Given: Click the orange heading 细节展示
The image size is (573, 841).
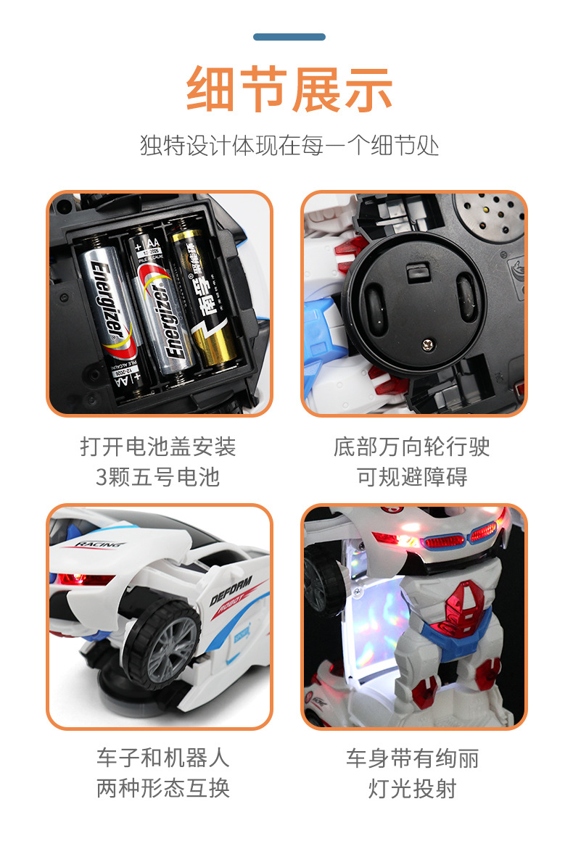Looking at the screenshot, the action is click(289, 89).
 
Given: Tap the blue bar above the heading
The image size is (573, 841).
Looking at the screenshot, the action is click(289, 37).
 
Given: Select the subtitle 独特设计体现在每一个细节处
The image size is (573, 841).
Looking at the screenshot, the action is click(289, 145).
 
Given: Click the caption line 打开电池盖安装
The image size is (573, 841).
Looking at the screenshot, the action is click(157, 447).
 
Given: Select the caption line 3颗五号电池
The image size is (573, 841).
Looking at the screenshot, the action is click(157, 477).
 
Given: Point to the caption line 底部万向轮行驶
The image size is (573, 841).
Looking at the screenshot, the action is click(412, 447).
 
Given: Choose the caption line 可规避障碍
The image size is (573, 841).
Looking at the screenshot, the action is click(412, 477).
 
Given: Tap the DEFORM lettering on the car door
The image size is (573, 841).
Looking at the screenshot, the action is click(231, 591).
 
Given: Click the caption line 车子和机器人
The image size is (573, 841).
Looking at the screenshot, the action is click(163, 758).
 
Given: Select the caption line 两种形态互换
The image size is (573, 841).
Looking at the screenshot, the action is click(163, 788).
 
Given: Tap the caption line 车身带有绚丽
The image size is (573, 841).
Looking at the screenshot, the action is click(412, 758).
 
